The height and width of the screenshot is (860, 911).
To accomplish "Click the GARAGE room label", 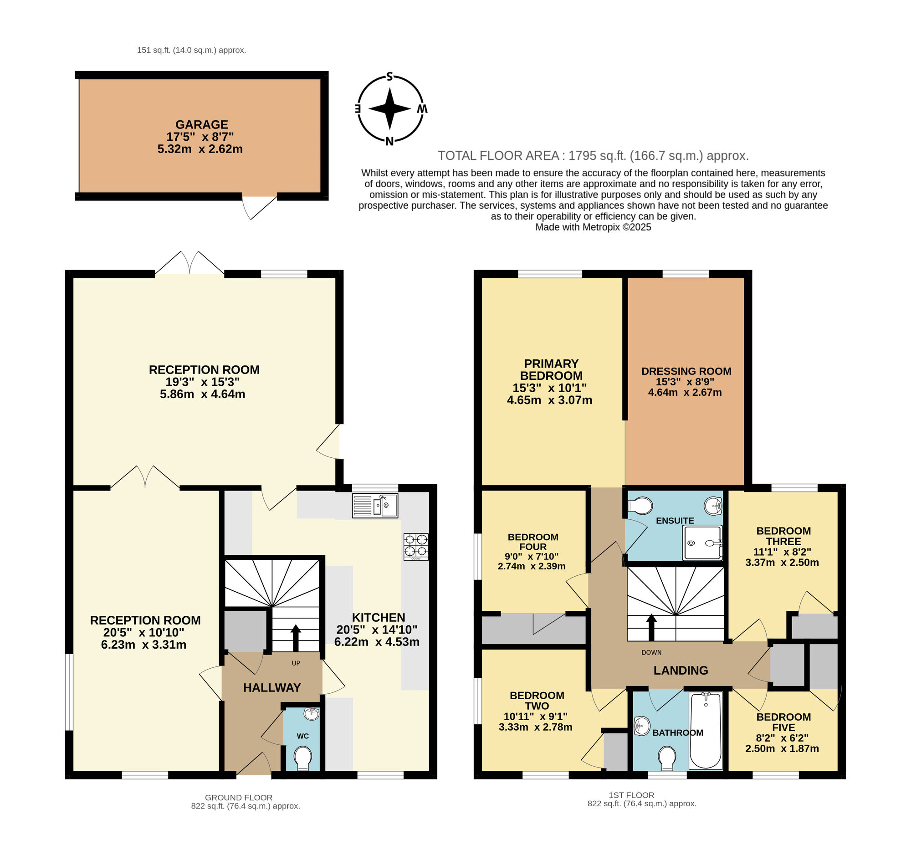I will (x=201, y=125).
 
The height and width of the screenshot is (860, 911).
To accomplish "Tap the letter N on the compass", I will (x=389, y=141).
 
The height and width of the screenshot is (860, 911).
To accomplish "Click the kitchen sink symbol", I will (x=374, y=506).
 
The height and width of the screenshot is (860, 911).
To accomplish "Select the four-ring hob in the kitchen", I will (x=416, y=547).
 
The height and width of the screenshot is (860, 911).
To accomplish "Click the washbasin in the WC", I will (x=312, y=714).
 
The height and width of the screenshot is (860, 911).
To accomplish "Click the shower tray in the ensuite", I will (x=702, y=543).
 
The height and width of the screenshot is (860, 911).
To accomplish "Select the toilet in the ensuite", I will (x=641, y=506).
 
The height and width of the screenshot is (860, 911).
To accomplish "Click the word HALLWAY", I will (x=272, y=688).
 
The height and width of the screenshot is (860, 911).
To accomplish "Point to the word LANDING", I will (x=681, y=671).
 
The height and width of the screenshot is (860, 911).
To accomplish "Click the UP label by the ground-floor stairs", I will (x=296, y=663).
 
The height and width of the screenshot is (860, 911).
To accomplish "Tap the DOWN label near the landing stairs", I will (x=651, y=652).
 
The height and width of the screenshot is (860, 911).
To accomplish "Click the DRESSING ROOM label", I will (x=686, y=371).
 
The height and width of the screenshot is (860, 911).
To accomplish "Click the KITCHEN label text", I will (x=378, y=618).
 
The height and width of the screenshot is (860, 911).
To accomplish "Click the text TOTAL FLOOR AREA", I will (x=498, y=156).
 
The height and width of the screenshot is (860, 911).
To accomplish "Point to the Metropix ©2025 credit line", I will (x=593, y=227).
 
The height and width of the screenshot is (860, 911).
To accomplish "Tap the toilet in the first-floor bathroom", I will (x=667, y=759).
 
